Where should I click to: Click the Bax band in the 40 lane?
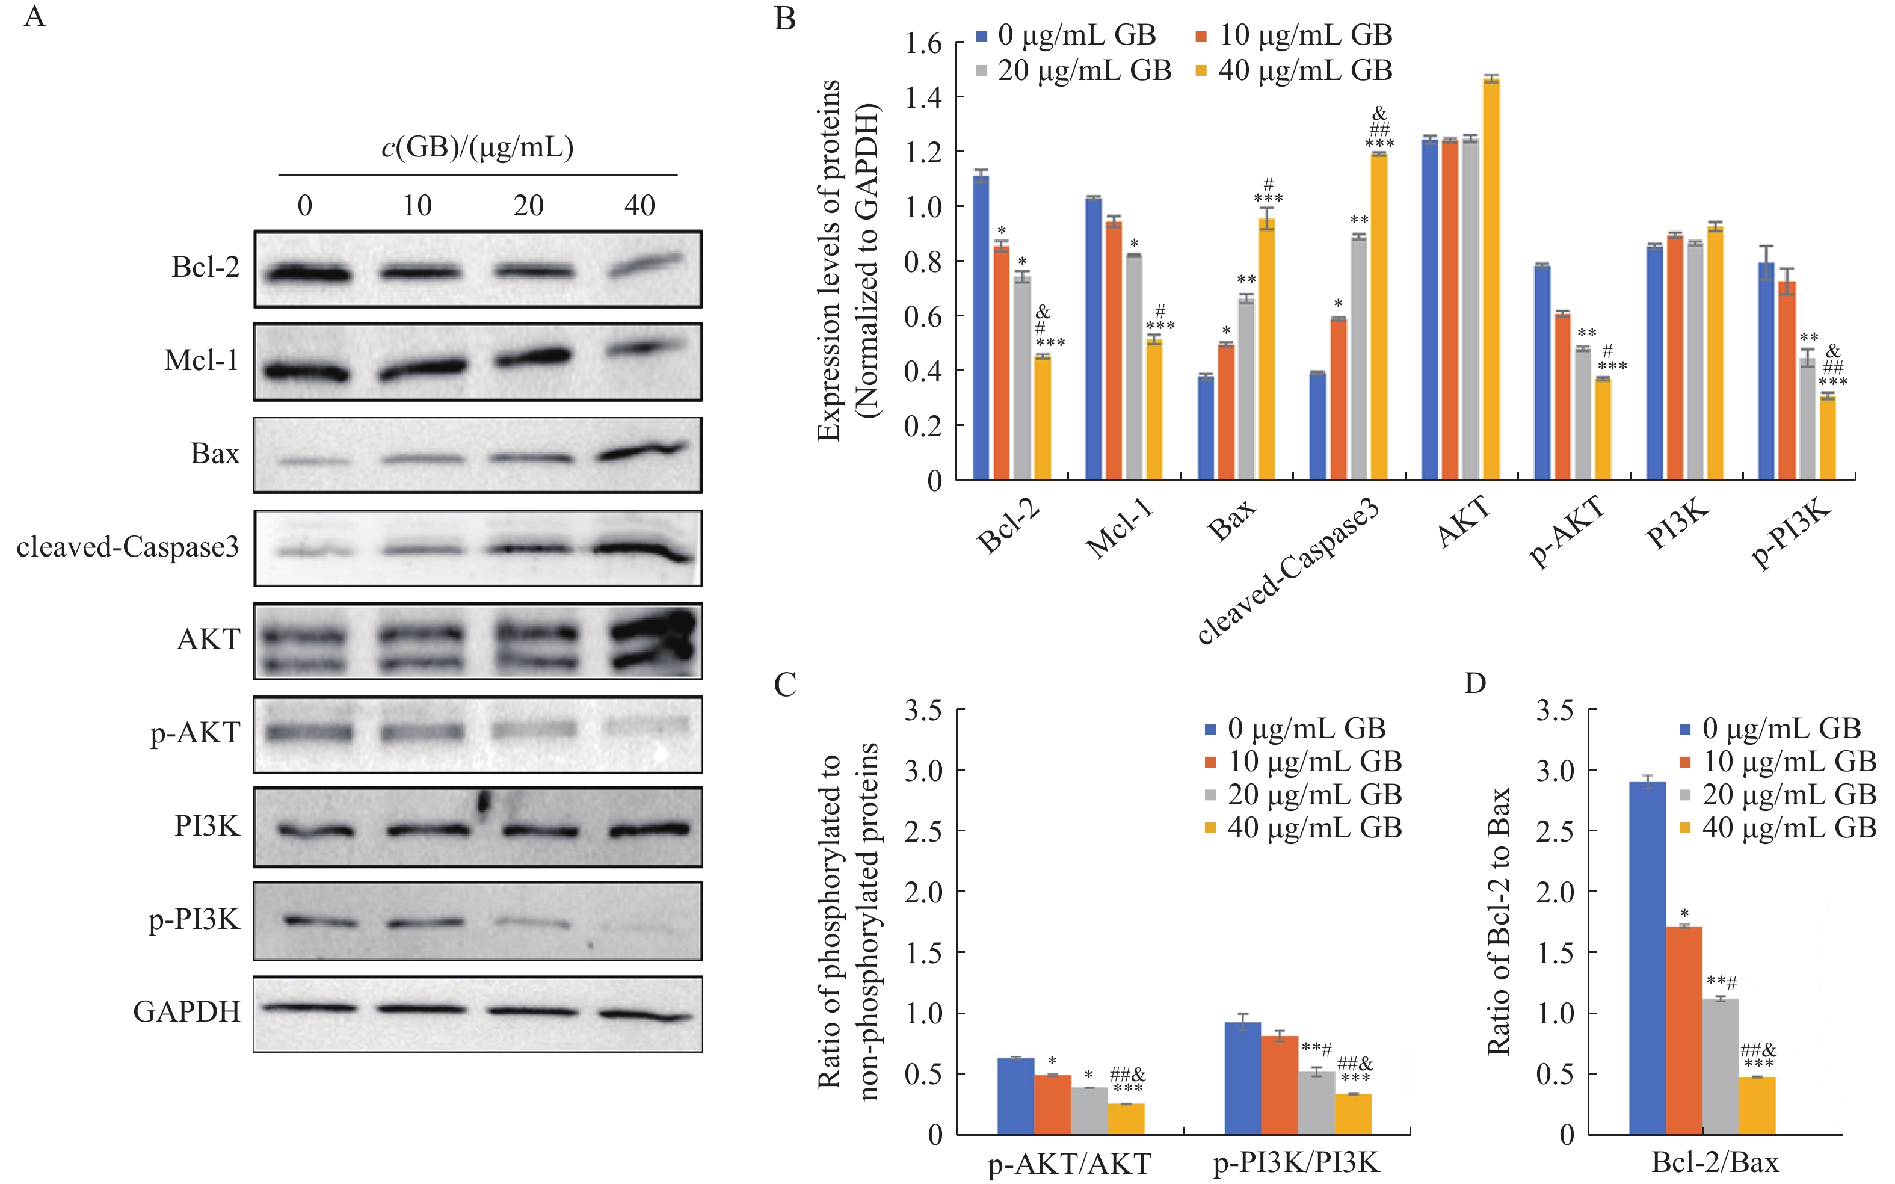pos(642,452)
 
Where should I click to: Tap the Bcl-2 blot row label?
pos(205,268)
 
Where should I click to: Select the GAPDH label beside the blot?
pos(186,1012)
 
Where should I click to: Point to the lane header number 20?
pos(529,206)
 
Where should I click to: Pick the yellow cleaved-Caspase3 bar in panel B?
pos(1379,316)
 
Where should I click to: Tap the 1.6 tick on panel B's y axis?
pos(923,44)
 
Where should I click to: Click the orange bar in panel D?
pos(1684,1030)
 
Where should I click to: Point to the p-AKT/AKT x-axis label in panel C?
pos(1069,1164)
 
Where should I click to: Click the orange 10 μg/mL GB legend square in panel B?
pos(1202,36)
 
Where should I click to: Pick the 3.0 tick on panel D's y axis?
pos(1555,771)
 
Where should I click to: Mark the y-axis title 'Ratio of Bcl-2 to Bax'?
pos(1497,921)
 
